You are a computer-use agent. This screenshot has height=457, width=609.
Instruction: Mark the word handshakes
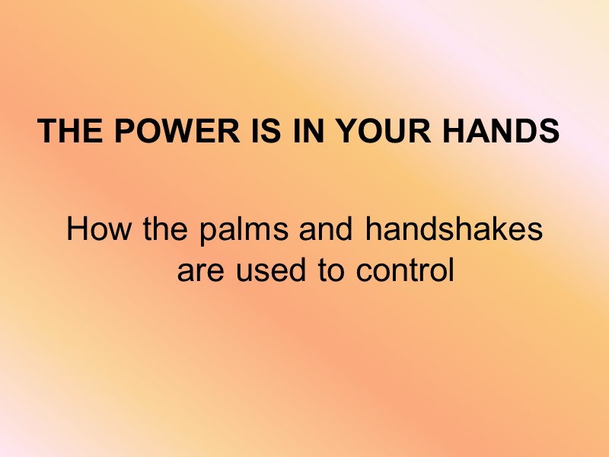(x=454, y=229)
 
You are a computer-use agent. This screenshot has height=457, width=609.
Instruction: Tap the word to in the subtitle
(x=330, y=270)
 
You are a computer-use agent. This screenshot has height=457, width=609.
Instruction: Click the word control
(x=407, y=270)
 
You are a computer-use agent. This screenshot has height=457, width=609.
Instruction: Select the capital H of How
(x=77, y=229)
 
